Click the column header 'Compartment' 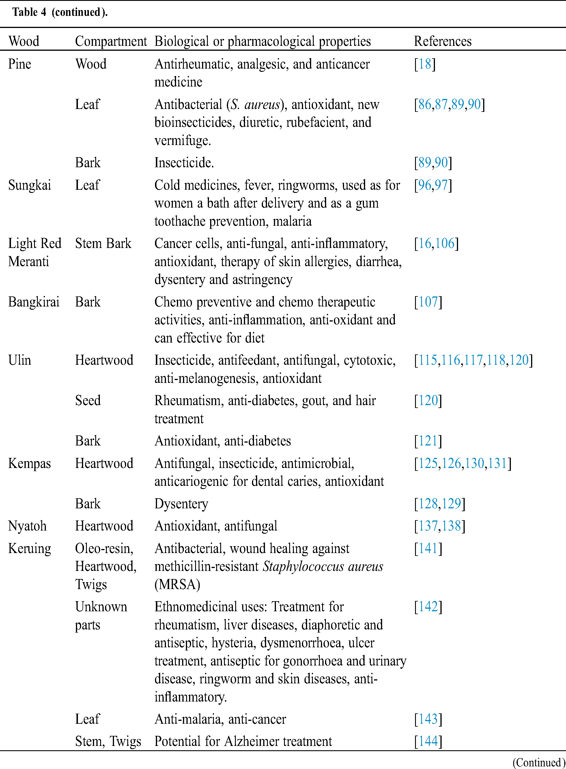pyautogui.click(x=111, y=42)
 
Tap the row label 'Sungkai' pyautogui.click(x=29, y=185)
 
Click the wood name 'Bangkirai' pyautogui.click(x=33, y=302)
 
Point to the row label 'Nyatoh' pyautogui.click(x=27, y=526)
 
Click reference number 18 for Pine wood pyautogui.click(x=425, y=64)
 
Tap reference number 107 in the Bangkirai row pyautogui.click(x=428, y=302)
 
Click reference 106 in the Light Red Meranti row pyautogui.click(x=444, y=243)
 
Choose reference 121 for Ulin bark pyautogui.click(x=428, y=441)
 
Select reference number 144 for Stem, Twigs pyautogui.click(x=428, y=741)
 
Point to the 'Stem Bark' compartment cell pyautogui.click(x=103, y=243)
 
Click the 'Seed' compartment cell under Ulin pyautogui.click(x=88, y=401)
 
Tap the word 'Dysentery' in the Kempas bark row pyautogui.click(x=181, y=504)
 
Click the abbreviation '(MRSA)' pyautogui.click(x=177, y=584)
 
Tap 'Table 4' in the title pyautogui.click(x=29, y=12)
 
